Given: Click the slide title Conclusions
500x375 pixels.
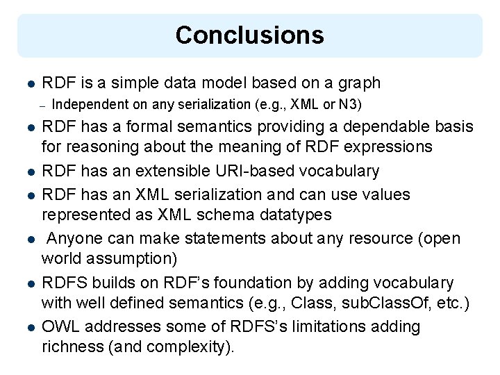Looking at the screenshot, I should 249,35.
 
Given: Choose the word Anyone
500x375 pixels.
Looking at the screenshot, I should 75,239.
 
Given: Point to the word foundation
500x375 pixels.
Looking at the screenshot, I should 251,283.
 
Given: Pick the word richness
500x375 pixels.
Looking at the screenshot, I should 69,347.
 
